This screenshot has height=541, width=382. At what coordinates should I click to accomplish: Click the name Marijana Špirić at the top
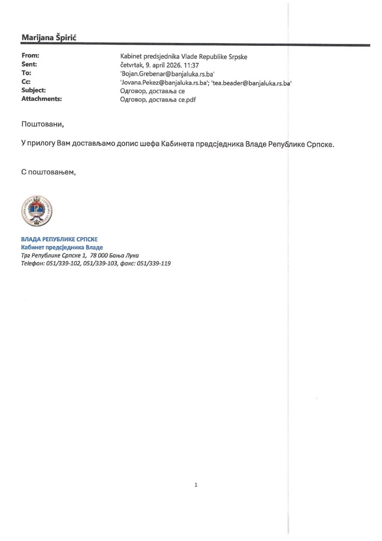tap(49, 38)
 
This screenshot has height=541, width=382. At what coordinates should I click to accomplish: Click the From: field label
tap(30, 56)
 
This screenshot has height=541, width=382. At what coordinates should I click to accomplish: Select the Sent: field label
tap(29, 64)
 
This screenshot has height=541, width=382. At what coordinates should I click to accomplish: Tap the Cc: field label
tap(26, 82)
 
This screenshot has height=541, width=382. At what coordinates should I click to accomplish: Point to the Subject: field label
tap(34, 90)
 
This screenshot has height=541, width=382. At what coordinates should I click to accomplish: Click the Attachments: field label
tap(41, 99)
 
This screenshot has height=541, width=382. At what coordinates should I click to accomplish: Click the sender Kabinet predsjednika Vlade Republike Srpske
tap(184, 57)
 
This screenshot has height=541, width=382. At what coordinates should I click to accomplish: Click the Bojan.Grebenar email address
tap(167, 74)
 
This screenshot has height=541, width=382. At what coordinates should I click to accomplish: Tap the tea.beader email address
tap(251, 83)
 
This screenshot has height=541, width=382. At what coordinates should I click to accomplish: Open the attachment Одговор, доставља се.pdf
tap(158, 100)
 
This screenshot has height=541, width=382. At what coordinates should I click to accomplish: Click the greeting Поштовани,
tap(43, 124)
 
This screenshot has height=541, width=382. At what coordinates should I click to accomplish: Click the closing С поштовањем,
tap(48, 172)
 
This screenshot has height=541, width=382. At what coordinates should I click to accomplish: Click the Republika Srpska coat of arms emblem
tap(37, 211)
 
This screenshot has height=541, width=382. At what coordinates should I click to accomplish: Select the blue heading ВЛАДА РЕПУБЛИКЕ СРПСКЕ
tap(59, 239)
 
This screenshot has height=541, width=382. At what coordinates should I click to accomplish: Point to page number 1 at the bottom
tap(196, 485)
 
